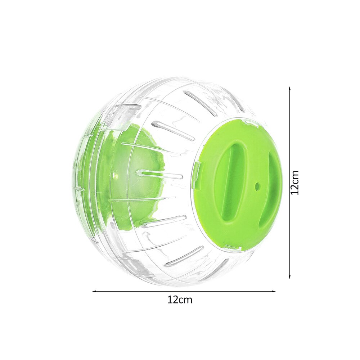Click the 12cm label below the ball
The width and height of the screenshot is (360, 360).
(x=180, y=300)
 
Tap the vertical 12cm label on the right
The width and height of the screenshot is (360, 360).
(x=295, y=183)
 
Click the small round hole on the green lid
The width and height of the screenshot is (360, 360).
(x=257, y=186)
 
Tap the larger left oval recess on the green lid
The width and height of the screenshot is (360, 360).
(x=231, y=181)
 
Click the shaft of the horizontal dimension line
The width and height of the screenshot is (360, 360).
(x=184, y=291)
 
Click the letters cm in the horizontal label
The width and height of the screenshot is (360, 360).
(x=186, y=300)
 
